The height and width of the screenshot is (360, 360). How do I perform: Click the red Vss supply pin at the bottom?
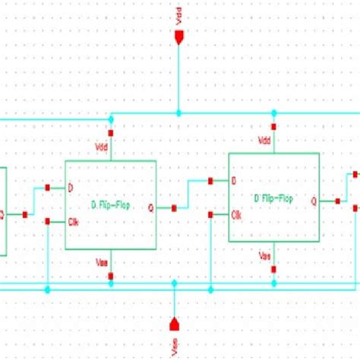tap(174, 324)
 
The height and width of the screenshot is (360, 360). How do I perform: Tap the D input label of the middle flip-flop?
tap(71, 187)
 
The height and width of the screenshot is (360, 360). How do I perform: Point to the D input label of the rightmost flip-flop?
tap(234, 181)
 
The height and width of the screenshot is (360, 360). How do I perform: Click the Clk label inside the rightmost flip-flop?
tap(238, 214)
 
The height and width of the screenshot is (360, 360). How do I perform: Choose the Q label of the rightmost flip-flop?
tap(314, 201)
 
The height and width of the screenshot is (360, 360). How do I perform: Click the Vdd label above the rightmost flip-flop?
tap(264, 141)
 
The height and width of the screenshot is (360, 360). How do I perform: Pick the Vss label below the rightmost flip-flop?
tap(265, 254)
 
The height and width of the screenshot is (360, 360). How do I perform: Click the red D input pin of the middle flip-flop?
tap(47, 187)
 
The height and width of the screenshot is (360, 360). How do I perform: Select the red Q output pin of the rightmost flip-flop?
tap(338, 201)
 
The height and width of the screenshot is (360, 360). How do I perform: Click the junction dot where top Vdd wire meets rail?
tap(178, 113)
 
